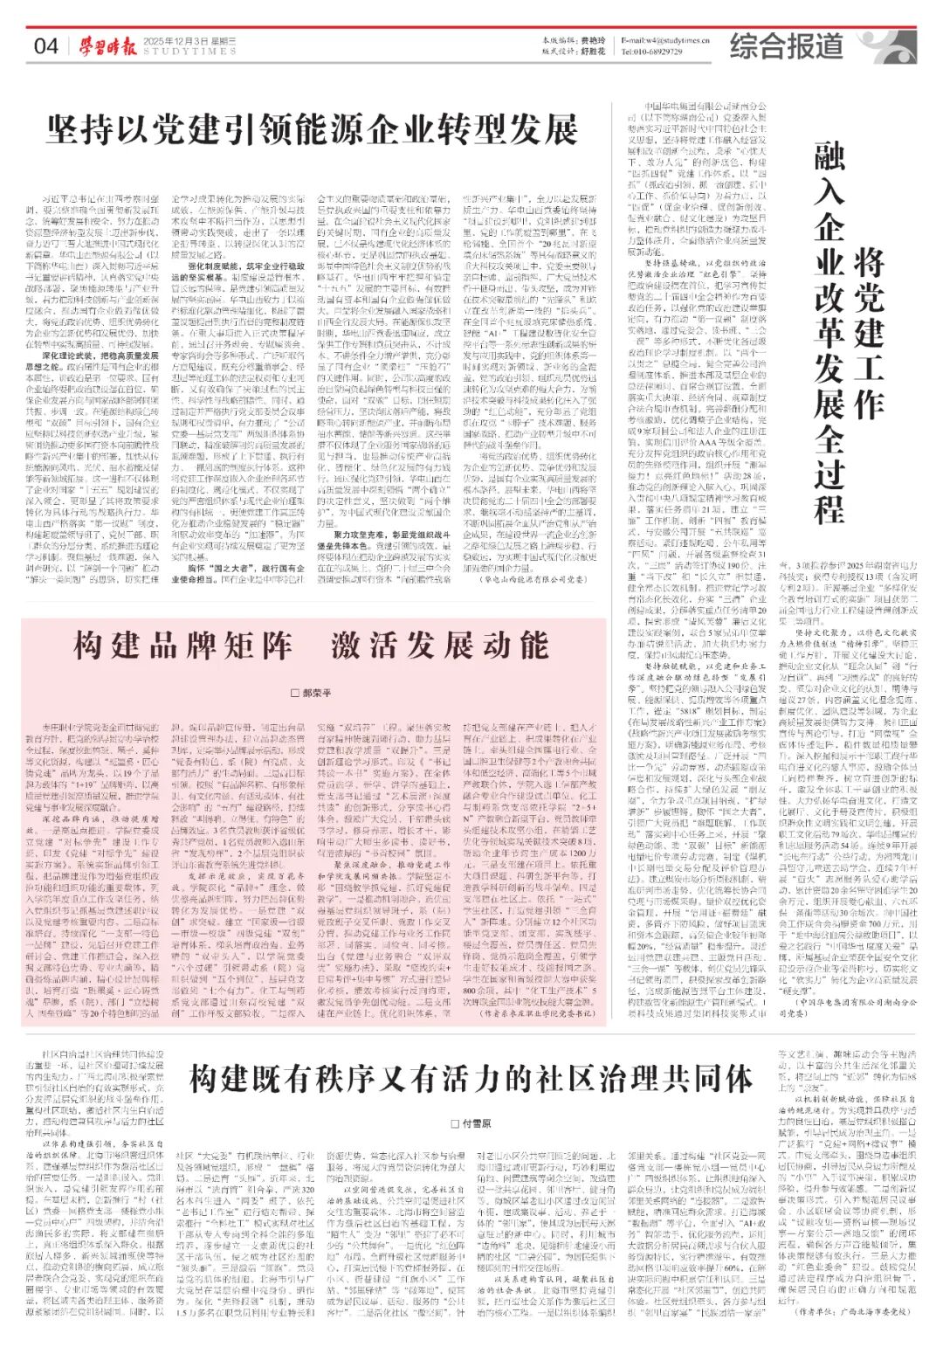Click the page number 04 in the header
coord(45,45)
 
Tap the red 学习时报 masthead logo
coord(104,45)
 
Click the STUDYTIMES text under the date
coord(189,52)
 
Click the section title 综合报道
coord(787,46)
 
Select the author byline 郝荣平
coord(310,693)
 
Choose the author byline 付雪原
coord(471,1123)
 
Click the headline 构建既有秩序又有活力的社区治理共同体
coord(471,1080)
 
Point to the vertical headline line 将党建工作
coord(868,332)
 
